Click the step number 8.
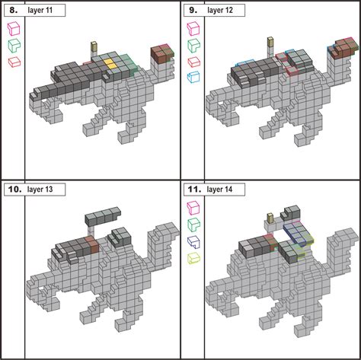[x=13, y=10]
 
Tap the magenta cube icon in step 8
[x=13, y=29]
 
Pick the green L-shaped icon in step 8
[x=13, y=45]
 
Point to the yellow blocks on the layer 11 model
[x=111, y=64]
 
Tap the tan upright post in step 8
[x=94, y=47]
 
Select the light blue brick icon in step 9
[x=193, y=77]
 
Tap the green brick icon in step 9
[x=193, y=45]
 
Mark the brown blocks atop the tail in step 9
[x=341, y=50]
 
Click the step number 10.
[x=13, y=190]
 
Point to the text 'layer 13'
[x=45, y=190]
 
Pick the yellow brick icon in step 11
[x=193, y=258]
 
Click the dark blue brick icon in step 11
[x=193, y=241]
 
